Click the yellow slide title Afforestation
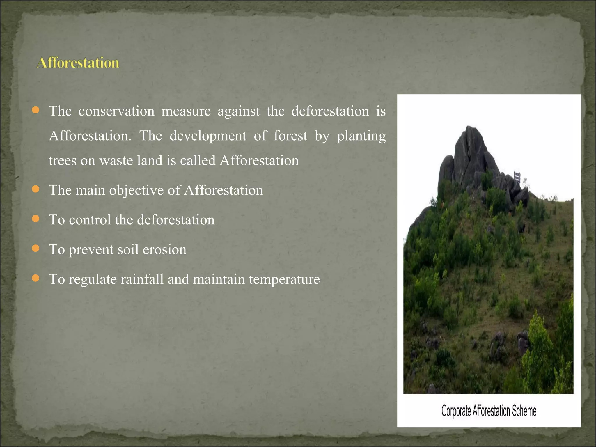point(78,63)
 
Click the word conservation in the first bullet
point(116,111)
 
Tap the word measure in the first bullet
point(186,111)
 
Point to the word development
point(208,136)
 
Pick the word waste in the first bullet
point(116,161)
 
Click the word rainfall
point(142,279)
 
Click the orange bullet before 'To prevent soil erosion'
point(36,249)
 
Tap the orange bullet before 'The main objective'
point(36,189)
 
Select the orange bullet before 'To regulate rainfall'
point(36,278)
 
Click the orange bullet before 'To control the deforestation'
point(36,219)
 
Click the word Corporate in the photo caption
point(456,411)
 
